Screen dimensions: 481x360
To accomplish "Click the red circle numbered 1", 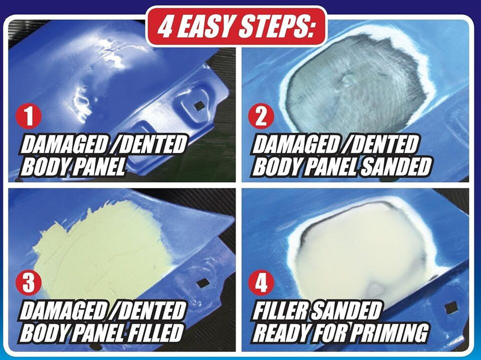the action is point(28,117).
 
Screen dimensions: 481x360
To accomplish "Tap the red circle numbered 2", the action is point(261,117).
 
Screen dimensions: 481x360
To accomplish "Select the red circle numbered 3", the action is point(28,282).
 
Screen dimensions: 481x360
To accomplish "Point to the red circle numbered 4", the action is point(261,282).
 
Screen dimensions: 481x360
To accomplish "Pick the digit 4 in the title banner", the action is point(165,26).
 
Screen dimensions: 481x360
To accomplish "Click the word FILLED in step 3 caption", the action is point(156,332).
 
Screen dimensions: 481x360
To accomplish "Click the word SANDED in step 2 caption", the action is point(396,166).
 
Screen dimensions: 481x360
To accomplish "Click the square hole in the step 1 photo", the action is point(200,106).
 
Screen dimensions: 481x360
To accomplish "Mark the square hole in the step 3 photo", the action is point(203,283).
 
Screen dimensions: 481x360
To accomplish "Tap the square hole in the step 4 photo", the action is point(452,308).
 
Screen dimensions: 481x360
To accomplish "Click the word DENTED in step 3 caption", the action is point(153,310).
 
